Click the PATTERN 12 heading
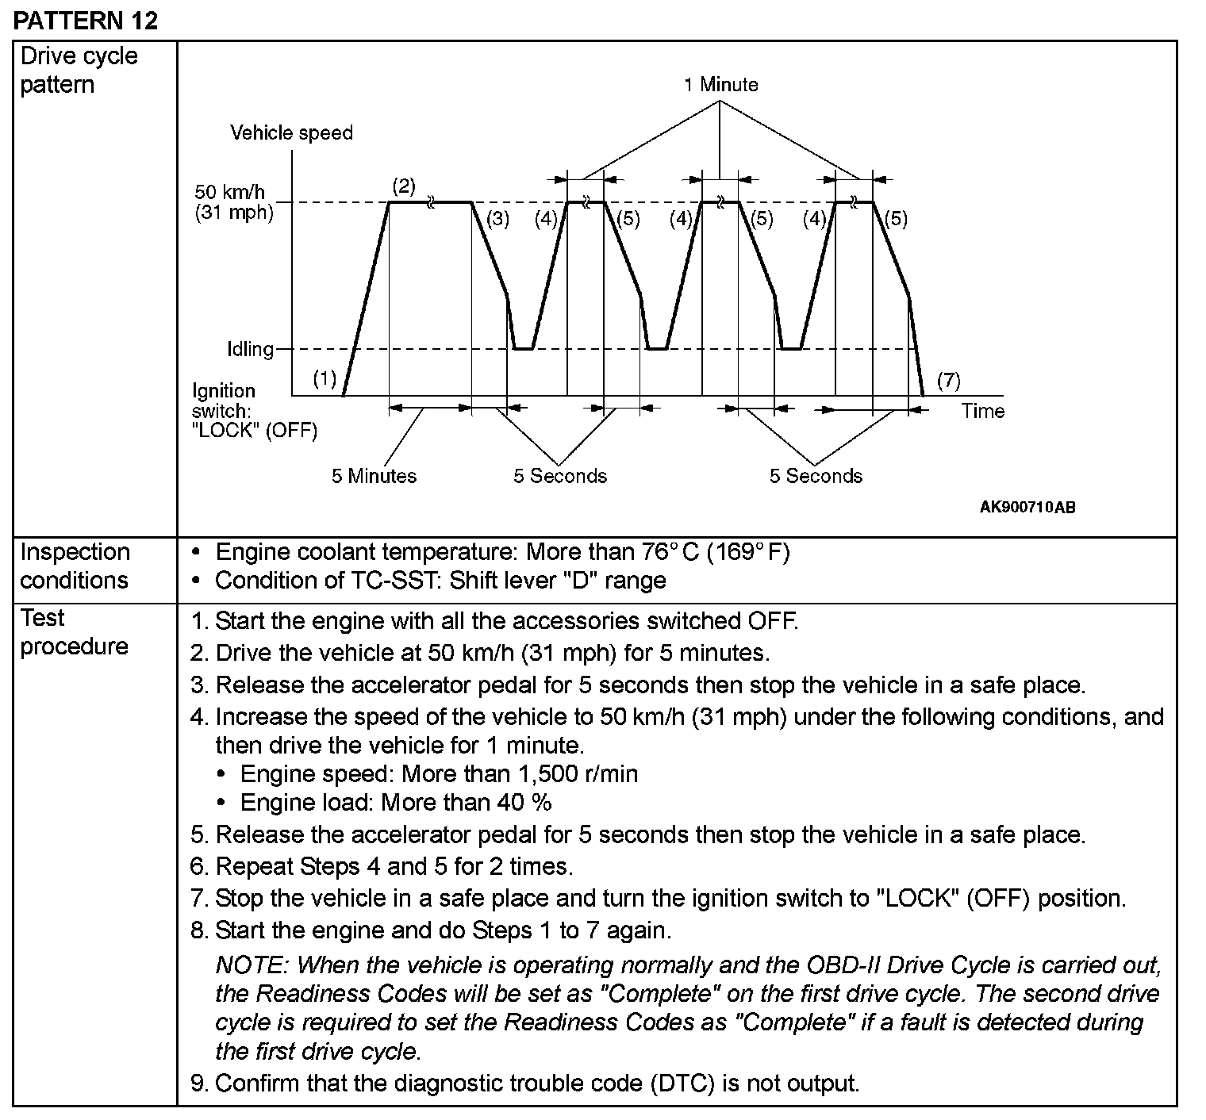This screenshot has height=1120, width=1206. tap(86, 20)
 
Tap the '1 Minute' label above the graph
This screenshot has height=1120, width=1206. tap(720, 85)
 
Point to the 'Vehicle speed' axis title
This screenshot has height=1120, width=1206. tap(291, 132)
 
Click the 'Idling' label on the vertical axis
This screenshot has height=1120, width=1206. tap(250, 349)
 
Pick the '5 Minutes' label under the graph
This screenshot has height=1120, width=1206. tap(374, 476)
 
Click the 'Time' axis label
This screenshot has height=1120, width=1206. tap(982, 411)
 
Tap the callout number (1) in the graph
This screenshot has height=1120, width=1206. tap(325, 379)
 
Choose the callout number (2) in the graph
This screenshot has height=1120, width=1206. tap(404, 186)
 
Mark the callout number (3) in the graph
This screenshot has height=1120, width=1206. tap(497, 219)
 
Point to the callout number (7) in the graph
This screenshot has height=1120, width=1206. tap(948, 380)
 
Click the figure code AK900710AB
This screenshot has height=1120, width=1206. tap(1027, 508)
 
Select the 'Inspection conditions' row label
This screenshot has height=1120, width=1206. tap(75, 566)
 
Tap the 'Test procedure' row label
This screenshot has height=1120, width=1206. tap(74, 632)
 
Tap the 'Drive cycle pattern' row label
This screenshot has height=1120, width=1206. tap(79, 71)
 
